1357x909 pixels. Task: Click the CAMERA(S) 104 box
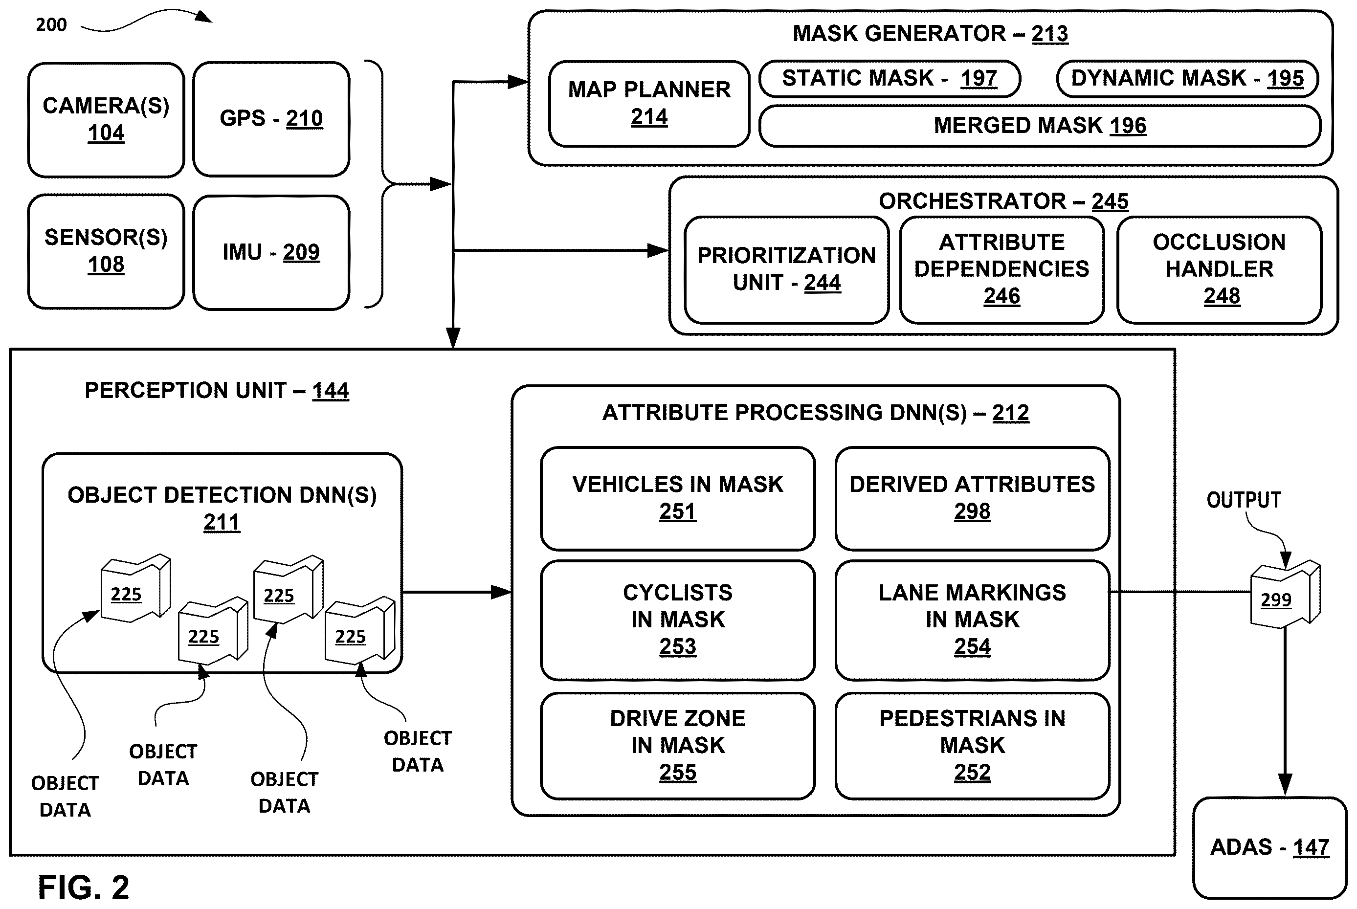pos(106,120)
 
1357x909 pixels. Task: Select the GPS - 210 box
pos(271,119)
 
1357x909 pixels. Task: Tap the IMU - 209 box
pos(271,253)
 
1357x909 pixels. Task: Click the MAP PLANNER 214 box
pos(649,104)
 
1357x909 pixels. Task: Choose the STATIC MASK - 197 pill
pos(890,79)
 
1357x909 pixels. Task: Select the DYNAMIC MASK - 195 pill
pos(1188,79)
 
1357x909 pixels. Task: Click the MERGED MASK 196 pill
pos(1040,126)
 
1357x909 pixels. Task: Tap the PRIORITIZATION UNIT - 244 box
pos(787,269)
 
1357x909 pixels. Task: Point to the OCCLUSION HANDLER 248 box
pos(1220,269)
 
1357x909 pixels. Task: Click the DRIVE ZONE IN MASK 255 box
pos(678,746)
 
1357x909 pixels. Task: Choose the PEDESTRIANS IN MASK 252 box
pos(973,746)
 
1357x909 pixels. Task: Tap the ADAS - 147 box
pos(1270,847)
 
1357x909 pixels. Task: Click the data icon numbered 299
pos(1285,594)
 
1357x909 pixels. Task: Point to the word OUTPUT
pos(1244,500)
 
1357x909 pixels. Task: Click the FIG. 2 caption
pos(84,887)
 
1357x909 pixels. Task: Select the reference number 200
pos(51,25)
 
